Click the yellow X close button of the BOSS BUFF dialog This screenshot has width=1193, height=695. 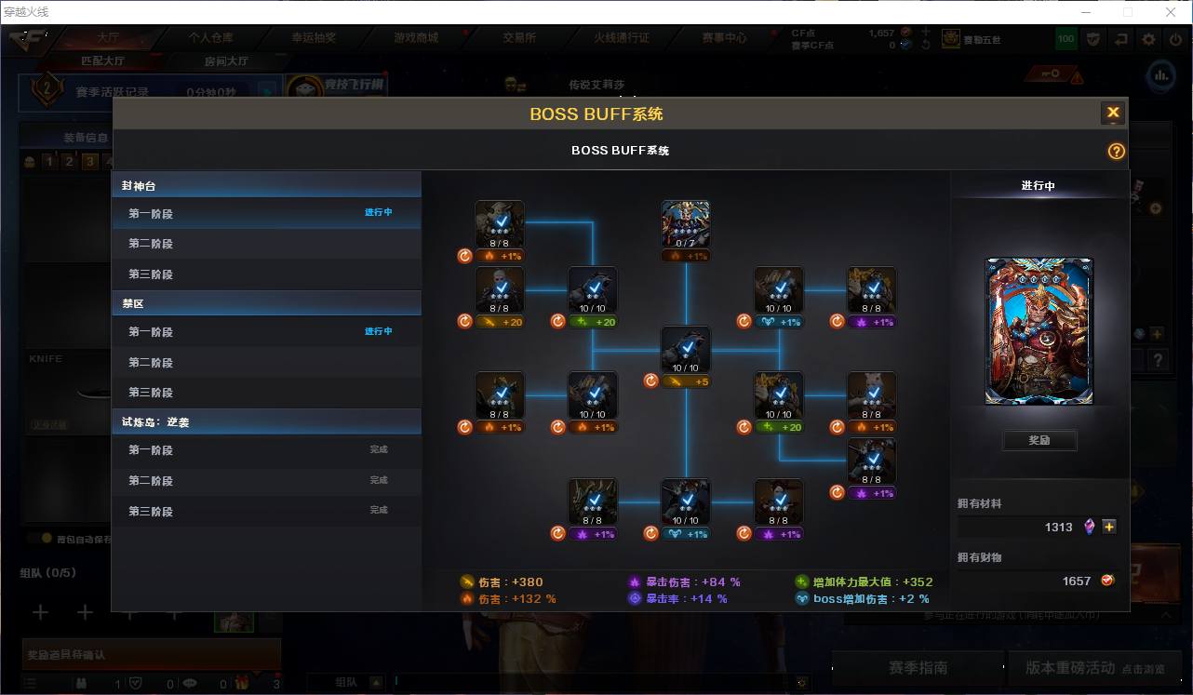pyautogui.click(x=1112, y=114)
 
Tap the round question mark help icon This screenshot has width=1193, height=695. pyautogui.click(x=1117, y=152)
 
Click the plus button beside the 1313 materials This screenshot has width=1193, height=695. pyautogui.click(x=1109, y=527)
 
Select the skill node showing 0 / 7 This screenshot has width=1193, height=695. pyautogui.click(x=686, y=224)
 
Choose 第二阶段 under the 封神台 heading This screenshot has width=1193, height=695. pyautogui.click(x=151, y=244)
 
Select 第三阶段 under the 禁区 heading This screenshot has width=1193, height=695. pyautogui.click(x=151, y=393)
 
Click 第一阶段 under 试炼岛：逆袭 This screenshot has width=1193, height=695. pyautogui.click(x=151, y=450)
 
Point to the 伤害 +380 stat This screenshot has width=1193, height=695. pyautogui.click(x=510, y=582)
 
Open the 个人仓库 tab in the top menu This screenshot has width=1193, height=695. pyautogui.click(x=211, y=38)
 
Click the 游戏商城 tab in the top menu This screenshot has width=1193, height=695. pyautogui.click(x=416, y=38)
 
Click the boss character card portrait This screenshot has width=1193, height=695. pyautogui.click(x=1039, y=331)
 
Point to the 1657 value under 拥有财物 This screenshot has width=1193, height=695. pyautogui.click(x=1076, y=581)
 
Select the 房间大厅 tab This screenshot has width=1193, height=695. pyautogui.click(x=226, y=61)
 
